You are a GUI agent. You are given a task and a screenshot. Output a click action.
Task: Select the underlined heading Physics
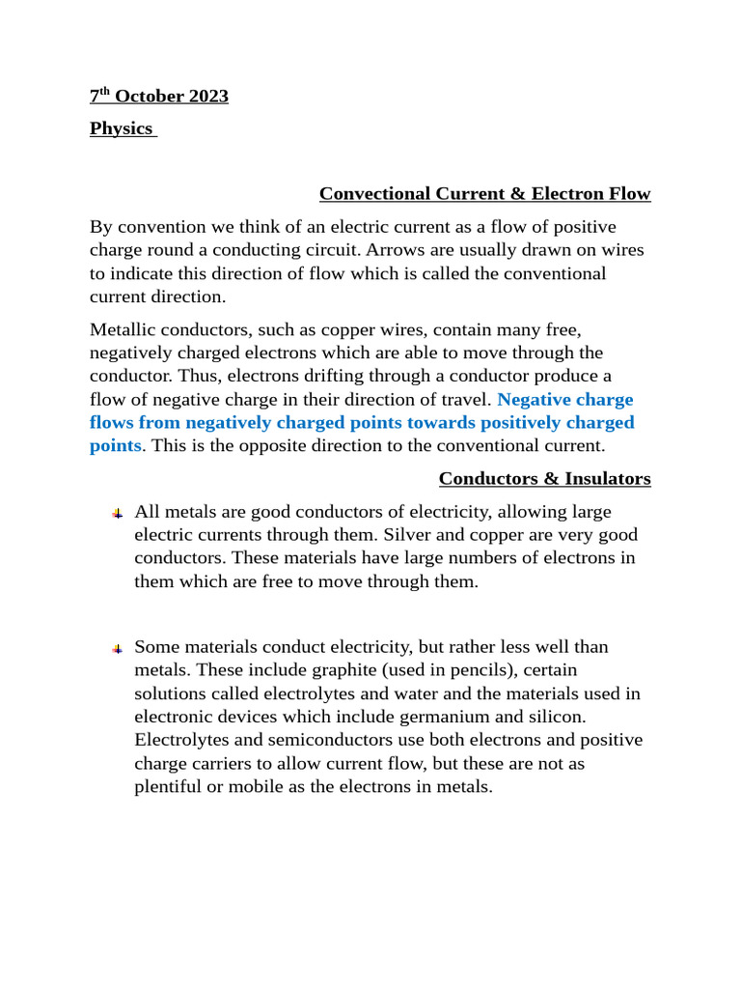[x=122, y=128]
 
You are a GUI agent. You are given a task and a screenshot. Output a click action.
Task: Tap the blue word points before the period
[x=115, y=445]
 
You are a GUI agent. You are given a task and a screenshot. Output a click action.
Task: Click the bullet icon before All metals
[x=116, y=513]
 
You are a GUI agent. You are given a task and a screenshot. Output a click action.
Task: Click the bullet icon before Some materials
[x=116, y=648]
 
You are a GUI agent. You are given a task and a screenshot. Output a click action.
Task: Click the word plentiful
[x=170, y=786]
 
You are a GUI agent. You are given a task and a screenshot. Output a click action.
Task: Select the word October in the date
[x=147, y=97]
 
